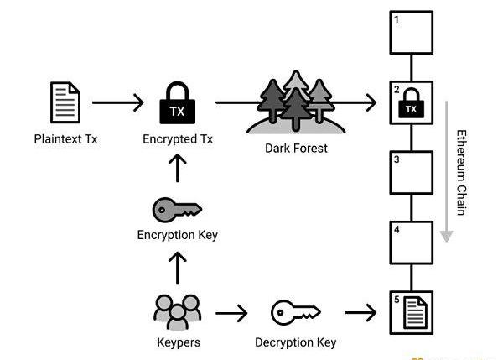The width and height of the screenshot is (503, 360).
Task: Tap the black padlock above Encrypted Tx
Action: coord(177,103)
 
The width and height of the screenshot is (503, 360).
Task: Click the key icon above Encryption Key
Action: coord(177,209)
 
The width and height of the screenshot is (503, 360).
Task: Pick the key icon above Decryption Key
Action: coord(296,314)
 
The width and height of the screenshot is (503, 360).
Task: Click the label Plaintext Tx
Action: coord(65,138)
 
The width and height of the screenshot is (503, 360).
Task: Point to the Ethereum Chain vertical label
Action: coord(461,171)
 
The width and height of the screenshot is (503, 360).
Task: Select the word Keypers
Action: coord(177,342)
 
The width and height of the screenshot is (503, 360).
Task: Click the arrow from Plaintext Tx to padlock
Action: coord(118,103)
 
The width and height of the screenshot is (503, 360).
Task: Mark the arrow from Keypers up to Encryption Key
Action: coord(177,269)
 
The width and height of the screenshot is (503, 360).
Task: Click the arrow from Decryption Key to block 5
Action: coord(361,314)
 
